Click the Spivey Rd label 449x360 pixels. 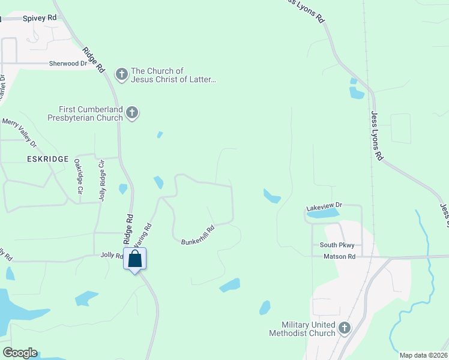40,18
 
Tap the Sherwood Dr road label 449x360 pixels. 68,63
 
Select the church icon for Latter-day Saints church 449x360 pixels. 122,74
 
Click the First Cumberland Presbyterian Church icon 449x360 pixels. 132,112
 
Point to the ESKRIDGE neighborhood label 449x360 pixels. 45,159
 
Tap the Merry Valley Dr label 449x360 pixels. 20,133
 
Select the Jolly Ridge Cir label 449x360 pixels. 102,180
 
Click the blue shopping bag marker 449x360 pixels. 135,259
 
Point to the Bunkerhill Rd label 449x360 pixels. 198,235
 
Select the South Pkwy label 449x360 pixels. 337,245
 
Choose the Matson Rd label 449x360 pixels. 339,256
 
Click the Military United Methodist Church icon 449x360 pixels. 344,328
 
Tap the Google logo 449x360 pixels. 20,353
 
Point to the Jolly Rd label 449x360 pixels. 111,256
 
